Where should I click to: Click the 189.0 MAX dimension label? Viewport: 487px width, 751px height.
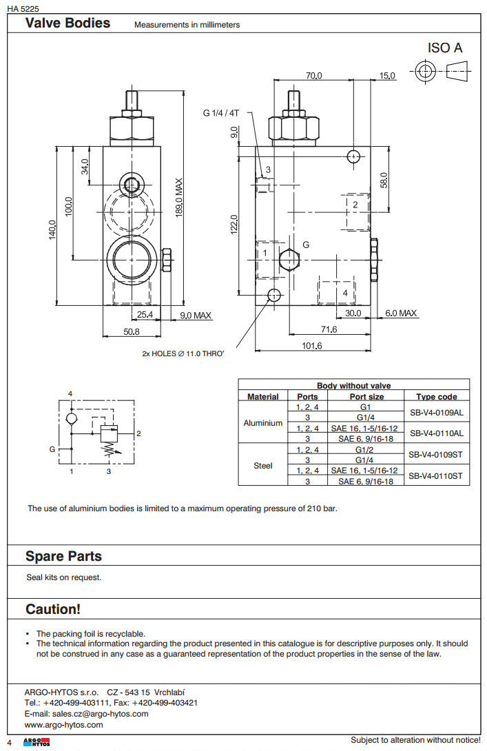tap(179, 199)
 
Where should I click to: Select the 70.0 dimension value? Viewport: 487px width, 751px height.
tap(314, 75)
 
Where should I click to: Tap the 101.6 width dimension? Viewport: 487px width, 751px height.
tap(312, 346)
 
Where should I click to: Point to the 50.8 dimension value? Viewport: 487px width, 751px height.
tap(131, 331)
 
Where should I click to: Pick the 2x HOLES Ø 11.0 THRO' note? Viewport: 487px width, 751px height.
tap(183, 353)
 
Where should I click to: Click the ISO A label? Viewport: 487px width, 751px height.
tap(445, 48)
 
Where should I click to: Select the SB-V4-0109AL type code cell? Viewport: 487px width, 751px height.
tap(436, 413)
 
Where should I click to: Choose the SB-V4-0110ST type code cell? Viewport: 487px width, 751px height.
tap(436, 475)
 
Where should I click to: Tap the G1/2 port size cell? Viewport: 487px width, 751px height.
tap(364, 450)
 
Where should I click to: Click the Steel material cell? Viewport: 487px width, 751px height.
tap(263, 465)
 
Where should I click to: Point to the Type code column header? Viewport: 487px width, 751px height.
tap(436, 397)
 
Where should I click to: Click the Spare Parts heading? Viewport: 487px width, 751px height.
tap(63, 556)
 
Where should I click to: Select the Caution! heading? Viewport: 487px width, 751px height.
tap(53, 609)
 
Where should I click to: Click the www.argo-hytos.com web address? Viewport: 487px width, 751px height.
tap(63, 725)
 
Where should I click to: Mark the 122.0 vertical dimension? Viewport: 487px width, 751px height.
tap(234, 225)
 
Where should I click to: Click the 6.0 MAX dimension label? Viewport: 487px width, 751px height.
tap(401, 313)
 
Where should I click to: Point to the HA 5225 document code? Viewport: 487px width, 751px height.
tap(23, 8)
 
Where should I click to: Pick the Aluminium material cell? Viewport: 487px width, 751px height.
tap(263, 423)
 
